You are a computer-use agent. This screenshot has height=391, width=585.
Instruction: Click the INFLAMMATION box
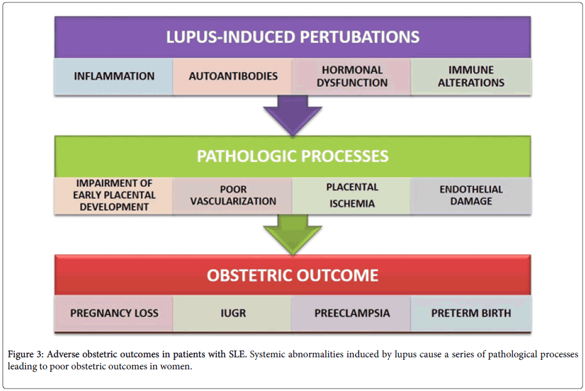click(114, 77)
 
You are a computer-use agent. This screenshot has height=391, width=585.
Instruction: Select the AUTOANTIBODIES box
click(233, 77)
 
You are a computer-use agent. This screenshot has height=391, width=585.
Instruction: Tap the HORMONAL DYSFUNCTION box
click(352, 77)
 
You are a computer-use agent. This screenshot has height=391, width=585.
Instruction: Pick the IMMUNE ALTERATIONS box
click(471, 77)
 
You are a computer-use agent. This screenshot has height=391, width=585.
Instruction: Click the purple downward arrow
click(293, 115)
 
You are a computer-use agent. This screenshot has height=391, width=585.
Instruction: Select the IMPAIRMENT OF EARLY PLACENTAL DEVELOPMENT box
click(114, 195)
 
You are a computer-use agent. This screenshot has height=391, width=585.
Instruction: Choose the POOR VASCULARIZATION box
click(233, 195)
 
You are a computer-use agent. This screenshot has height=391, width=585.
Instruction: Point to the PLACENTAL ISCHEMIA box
click(352, 195)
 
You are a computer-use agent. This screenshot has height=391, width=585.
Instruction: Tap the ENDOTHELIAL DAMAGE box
click(471, 195)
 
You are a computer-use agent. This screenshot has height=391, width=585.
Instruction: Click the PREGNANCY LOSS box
click(114, 313)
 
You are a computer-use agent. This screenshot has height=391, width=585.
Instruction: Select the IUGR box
click(233, 313)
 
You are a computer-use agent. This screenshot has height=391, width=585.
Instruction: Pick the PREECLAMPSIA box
click(352, 313)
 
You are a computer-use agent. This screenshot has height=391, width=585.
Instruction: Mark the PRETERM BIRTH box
click(471, 313)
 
